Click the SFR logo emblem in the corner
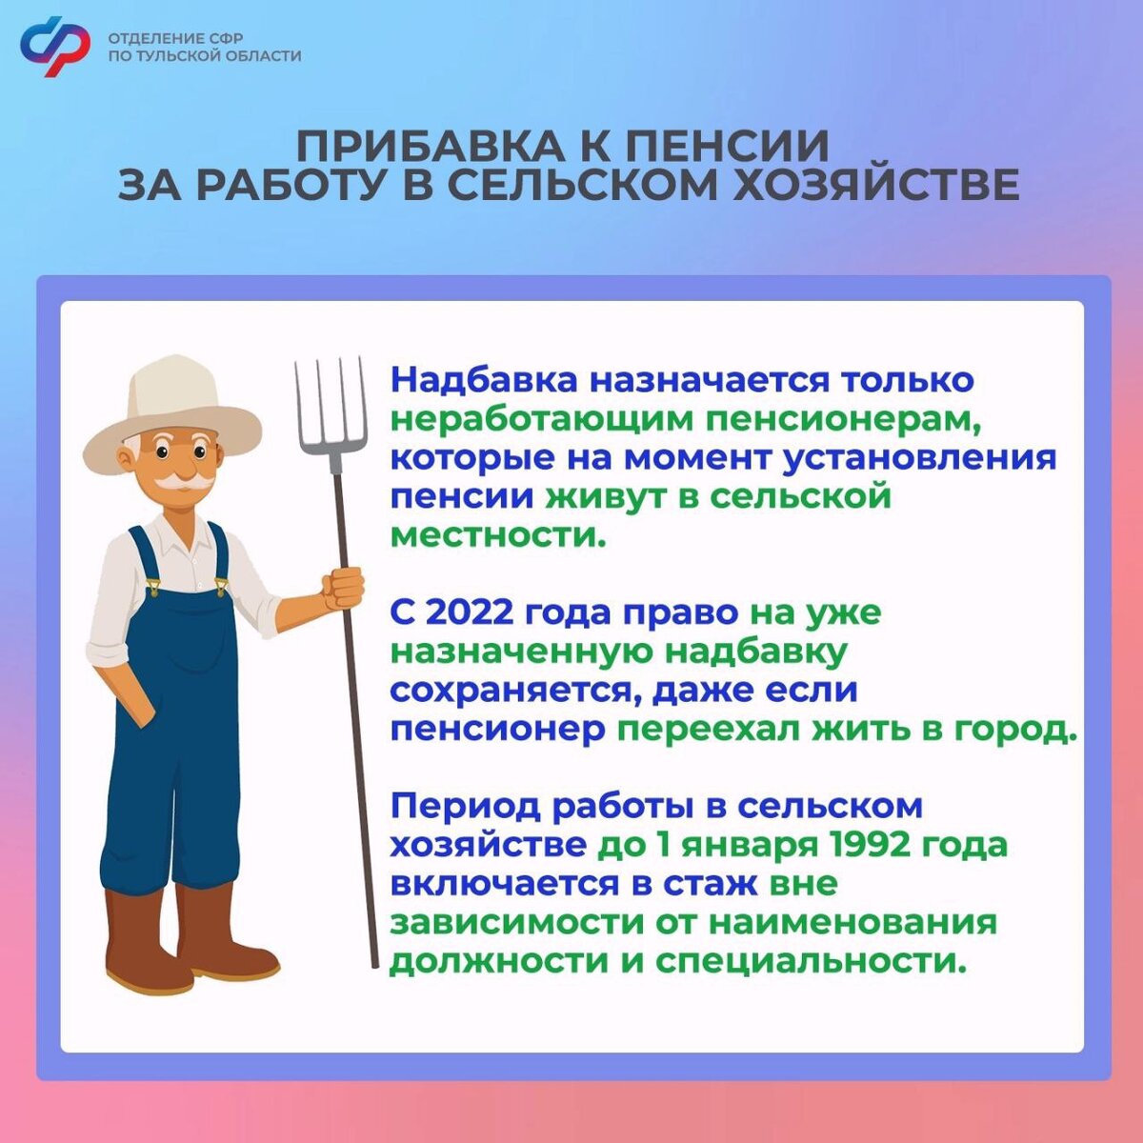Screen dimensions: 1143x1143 click(55, 46)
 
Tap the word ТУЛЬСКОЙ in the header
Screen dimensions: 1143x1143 click(177, 56)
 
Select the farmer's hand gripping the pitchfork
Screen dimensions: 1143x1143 click(344, 588)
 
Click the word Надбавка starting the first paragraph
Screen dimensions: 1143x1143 click(484, 379)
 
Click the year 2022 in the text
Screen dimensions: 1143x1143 click(467, 612)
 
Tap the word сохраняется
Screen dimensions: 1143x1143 click(513, 690)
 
